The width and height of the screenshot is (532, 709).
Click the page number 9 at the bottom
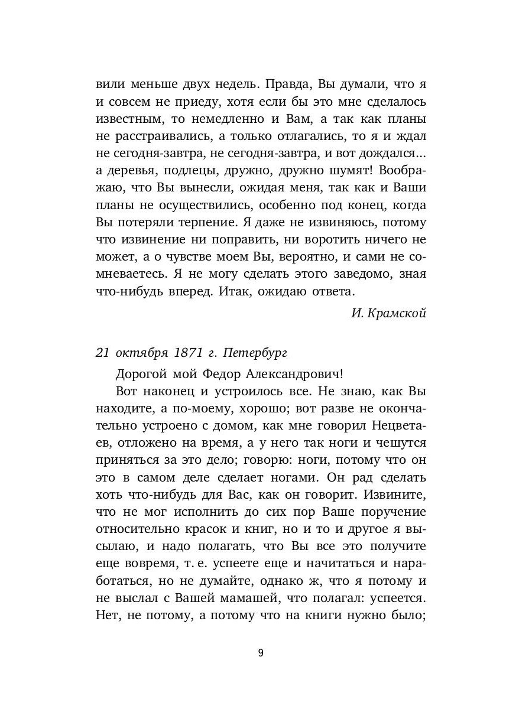pyautogui.click(x=261, y=653)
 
